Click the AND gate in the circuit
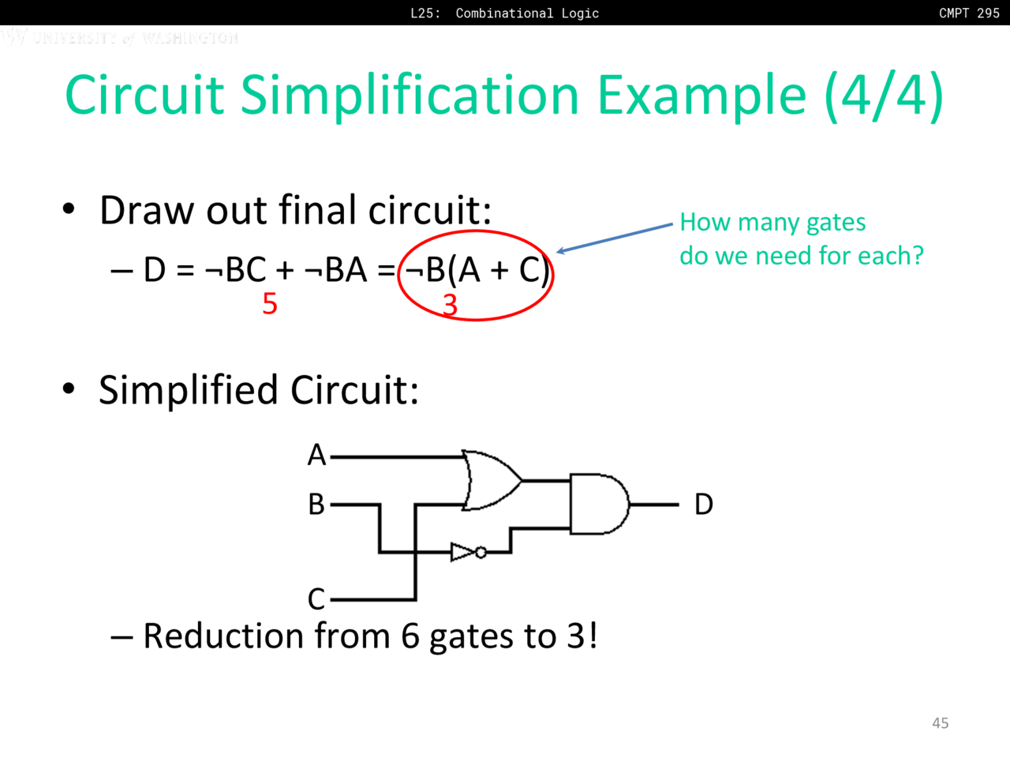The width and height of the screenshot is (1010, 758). (x=598, y=504)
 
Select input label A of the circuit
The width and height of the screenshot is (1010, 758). (x=316, y=456)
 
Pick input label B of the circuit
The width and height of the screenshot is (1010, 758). (x=316, y=504)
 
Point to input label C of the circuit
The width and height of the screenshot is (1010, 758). (x=316, y=599)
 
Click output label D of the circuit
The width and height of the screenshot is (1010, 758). (x=703, y=504)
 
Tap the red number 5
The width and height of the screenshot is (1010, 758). (x=270, y=304)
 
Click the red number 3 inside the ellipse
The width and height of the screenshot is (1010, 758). (x=450, y=305)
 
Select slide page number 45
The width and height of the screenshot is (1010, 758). (x=940, y=722)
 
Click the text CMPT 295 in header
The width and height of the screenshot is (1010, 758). (x=969, y=13)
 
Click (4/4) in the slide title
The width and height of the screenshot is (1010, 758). (x=884, y=96)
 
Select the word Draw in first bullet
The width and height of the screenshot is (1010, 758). (x=148, y=211)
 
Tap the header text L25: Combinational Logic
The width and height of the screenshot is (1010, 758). (x=504, y=13)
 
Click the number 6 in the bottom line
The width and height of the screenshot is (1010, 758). (x=410, y=636)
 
